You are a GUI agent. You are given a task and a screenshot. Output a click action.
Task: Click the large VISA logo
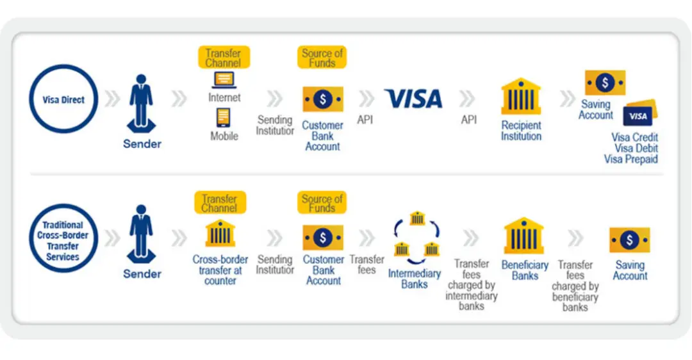coord(413,99)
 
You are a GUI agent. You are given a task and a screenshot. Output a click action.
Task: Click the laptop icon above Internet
coord(224,80)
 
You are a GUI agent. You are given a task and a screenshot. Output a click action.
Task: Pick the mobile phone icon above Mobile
coord(224,118)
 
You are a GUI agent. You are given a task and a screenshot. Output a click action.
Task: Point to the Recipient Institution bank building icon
coord(521,97)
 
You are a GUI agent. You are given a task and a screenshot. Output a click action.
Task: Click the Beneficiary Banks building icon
coord(524,236)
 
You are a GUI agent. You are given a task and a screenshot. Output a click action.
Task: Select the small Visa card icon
coord(640,114)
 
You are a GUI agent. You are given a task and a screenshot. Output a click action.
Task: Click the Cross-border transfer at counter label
coord(220,270)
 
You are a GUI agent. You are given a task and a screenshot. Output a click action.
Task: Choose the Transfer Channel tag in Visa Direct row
coord(224,58)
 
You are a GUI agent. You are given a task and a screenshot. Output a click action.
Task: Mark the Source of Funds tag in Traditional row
coord(322,202)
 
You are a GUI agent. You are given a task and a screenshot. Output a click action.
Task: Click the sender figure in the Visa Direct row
coord(141,103)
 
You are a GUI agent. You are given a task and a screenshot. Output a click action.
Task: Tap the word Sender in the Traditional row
coord(142,274)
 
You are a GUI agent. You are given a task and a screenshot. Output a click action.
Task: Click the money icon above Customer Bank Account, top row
coord(322,99)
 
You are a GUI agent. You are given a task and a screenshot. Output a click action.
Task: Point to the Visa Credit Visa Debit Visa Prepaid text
coord(631,148)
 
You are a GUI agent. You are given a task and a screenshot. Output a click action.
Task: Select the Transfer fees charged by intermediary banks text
coord(472,284)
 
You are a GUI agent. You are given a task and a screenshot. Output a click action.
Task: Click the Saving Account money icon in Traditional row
coord(629,240)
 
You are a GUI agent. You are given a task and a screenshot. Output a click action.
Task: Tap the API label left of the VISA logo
coord(365,120)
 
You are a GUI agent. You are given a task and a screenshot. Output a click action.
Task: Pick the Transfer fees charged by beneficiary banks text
coord(575,286)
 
